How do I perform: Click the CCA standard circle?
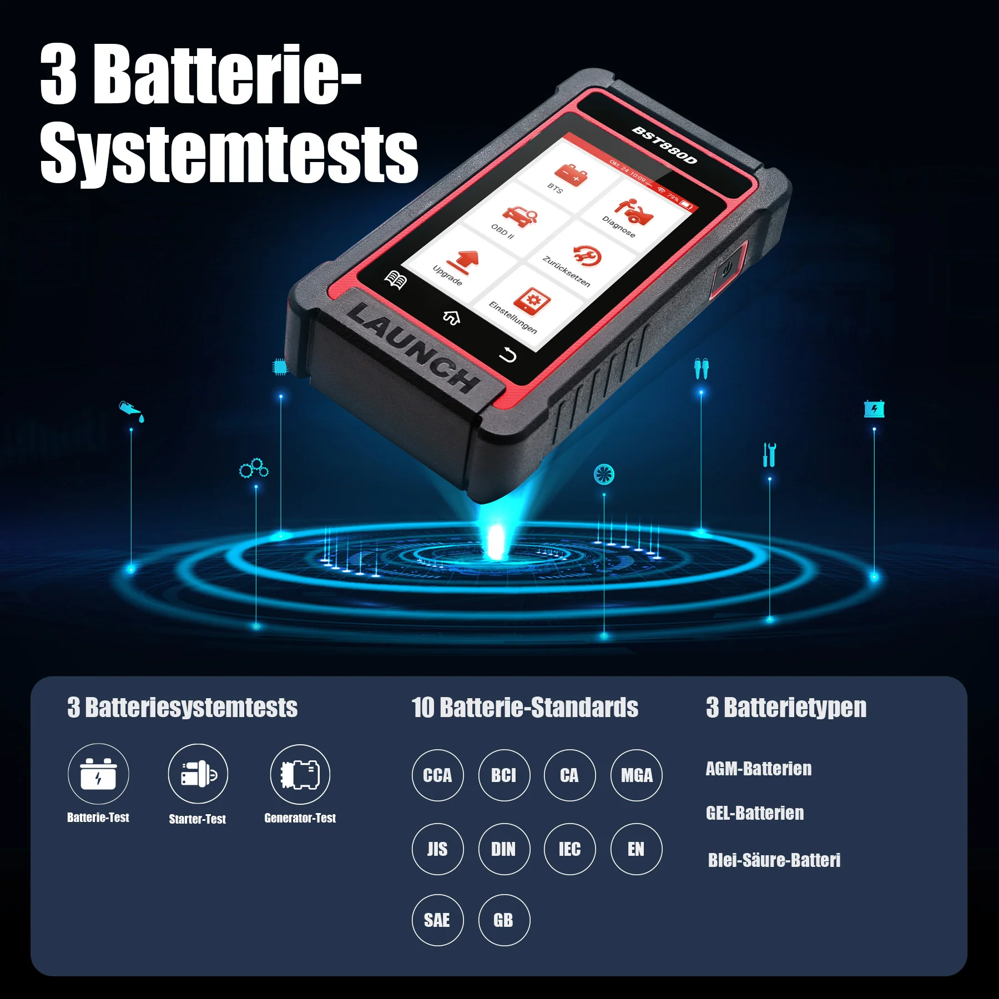pos(437,775)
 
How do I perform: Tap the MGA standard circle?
pos(636,775)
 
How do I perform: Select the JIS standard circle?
pos(437,849)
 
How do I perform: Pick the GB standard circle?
pos(503,920)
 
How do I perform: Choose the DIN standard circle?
pos(503,849)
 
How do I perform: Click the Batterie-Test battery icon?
pos(98,774)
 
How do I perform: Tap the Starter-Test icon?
pos(198,774)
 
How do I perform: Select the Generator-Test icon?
pos(300,774)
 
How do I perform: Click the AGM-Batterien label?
pos(758,769)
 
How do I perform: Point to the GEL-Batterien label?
pos(754,813)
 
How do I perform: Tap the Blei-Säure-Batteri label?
pos(774,860)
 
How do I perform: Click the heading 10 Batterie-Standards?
pos(524,708)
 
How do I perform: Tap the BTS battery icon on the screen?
pos(572,175)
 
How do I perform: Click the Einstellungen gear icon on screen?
pos(532,301)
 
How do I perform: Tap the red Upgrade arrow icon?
pos(465,261)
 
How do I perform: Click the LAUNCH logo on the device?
pos(413,347)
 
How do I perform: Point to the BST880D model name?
pos(664,145)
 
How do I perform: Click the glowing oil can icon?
pos(132,411)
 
